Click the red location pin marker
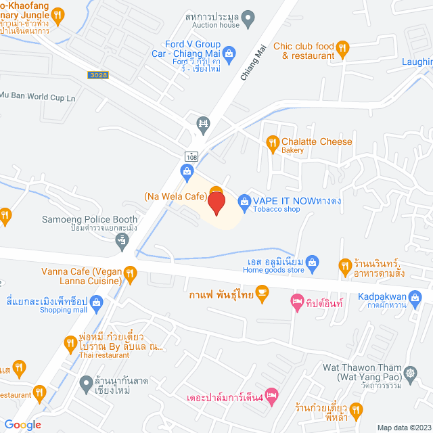click(216, 204)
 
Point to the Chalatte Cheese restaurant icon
click(273, 142)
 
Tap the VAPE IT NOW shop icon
click(244, 201)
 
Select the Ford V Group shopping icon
click(229, 51)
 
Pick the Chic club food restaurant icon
click(342, 47)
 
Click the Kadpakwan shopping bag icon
click(420, 296)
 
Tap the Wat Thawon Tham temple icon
click(411, 373)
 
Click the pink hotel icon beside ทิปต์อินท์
click(296, 300)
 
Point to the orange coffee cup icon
click(263, 292)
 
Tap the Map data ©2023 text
click(403, 427)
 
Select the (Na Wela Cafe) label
click(174, 196)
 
